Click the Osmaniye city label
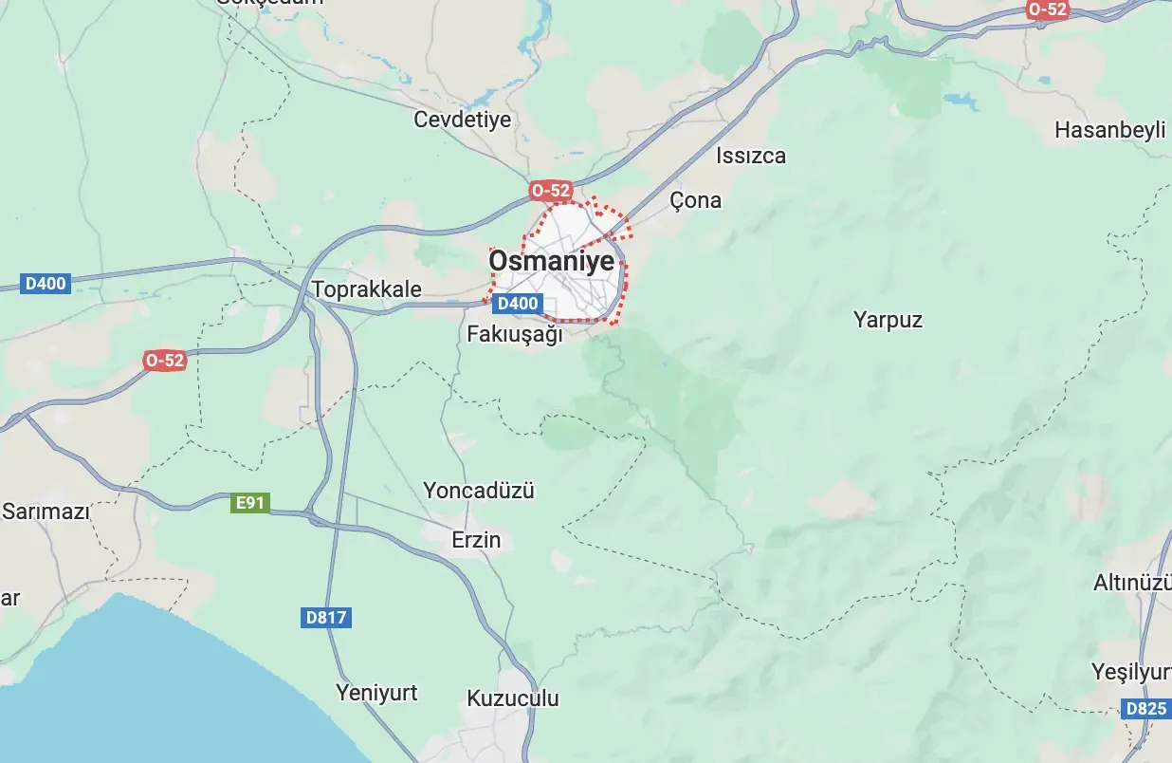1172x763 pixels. point(551,261)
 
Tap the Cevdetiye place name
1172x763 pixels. point(463,120)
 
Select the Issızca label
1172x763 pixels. point(751,156)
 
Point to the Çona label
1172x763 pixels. point(695,200)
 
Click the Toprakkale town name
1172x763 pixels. point(366,288)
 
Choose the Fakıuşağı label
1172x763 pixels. point(515,335)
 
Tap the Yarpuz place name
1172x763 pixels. point(888,319)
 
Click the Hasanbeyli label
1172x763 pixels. point(1109,130)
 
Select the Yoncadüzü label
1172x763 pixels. point(479,491)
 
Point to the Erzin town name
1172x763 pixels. point(476,540)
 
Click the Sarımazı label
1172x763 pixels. point(46,512)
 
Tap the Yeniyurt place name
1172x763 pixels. point(376,693)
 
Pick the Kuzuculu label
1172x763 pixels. point(513,698)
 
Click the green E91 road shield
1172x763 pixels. point(249,503)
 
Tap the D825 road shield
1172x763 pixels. point(1145,709)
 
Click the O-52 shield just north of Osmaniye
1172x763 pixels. point(551,191)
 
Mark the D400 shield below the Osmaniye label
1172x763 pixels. point(518,304)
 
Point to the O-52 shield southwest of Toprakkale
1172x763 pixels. point(165,360)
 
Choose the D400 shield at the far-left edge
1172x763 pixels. point(46,283)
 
